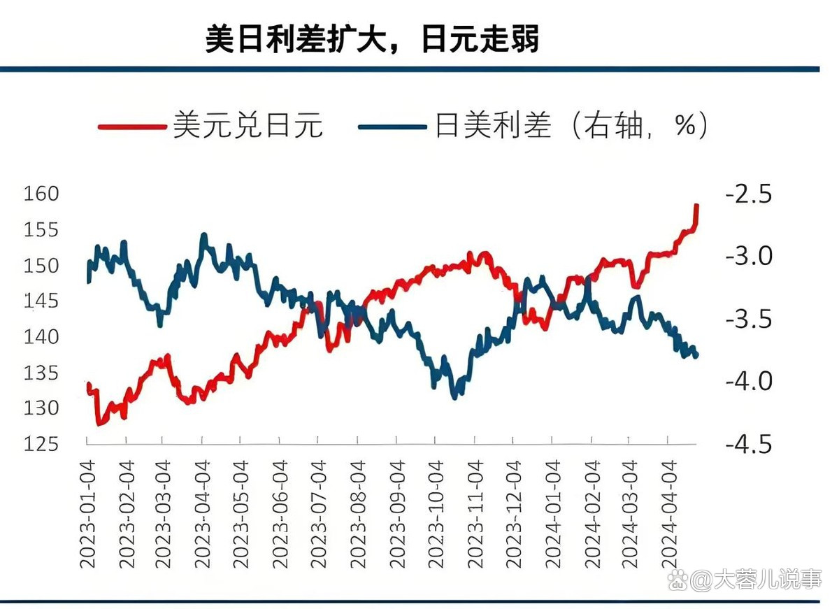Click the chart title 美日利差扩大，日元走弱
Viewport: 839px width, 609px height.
point(372,40)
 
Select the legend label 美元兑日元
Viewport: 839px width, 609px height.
point(248,127)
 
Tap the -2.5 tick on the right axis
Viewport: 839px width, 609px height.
point(749,194)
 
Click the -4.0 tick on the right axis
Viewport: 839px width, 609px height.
point(749,381)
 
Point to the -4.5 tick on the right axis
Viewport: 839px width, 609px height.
point(749,444)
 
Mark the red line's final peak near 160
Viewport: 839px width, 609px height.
point(697,206)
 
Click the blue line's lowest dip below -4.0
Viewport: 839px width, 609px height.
point(454,397)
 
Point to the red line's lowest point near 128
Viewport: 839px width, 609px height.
point(99,424)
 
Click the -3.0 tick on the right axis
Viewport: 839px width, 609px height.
point(749,256)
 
